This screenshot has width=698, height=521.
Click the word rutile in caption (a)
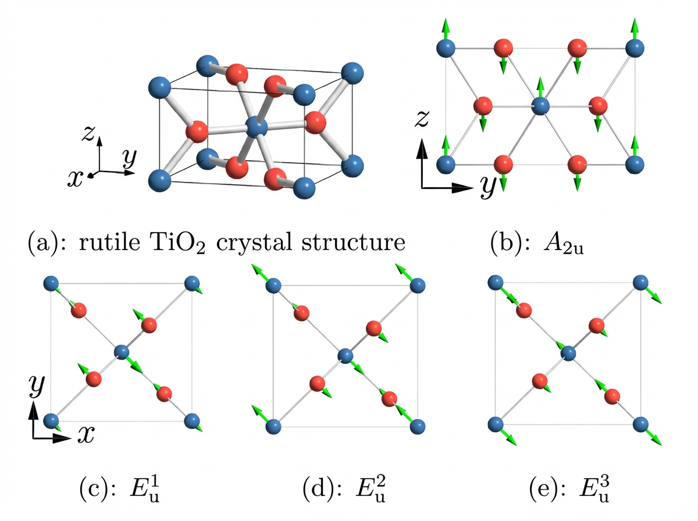pyautogui.click(x=109, y=242)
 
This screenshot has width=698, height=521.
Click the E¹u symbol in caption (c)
pyautogui.click(x=145, y=490)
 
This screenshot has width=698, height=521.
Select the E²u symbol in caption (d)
pyautogui.click(x=371, y=490)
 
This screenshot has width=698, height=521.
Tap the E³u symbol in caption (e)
pyautogui.click(x=594, y=490)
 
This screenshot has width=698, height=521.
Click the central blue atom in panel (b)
pyautogui.click(x=540, y=106)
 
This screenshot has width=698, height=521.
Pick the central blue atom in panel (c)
pyautogui.click(x=122, y=352)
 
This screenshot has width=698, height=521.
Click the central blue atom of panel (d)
pyautogui.click(x=346, y=356)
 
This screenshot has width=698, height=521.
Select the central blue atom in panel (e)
pyautogui.click(x=568, y=353)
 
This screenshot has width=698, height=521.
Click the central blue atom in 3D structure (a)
pyautogui.click(x=257, y=127)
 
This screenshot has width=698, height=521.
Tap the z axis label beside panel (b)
pyautogui.click(x=422, y=119)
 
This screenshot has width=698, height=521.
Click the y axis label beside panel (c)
pyautogui.click(x=37, y=386)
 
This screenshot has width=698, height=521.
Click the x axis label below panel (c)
pyautogui.click(x=86, y=434)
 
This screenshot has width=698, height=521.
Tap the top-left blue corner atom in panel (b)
pyautogui.click(x=446, y=48)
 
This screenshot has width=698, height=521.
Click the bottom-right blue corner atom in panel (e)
pyautogui.click(x=640, y=424)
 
